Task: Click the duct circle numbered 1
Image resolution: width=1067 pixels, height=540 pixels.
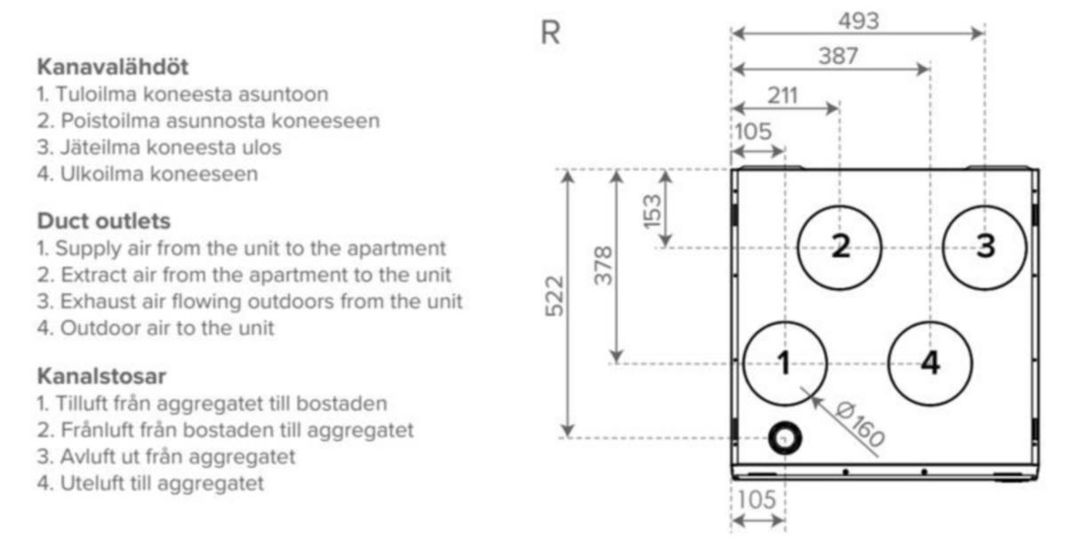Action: pyautogui.click(x=744, y=363)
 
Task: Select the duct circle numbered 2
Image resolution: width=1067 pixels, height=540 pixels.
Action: pyautogui.click(x=798, y=248)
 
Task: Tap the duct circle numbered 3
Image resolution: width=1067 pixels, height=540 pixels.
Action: pyautogui.click(x=943, y=248)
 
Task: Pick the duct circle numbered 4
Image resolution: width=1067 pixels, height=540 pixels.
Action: pyautogui.click(x=889, y=363)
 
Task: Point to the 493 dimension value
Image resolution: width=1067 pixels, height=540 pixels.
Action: pyautogui.click(x=858, y=21)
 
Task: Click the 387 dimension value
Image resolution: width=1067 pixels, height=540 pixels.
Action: pyautogui.click(x=838, y=56)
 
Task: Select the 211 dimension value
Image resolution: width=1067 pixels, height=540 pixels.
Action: pyautogui.click(x=783, y=96)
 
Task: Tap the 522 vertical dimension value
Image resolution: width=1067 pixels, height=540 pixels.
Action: pyautogui.click(x=555, y=296)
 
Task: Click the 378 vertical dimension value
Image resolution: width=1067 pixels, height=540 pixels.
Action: pyautogui.click(x=604, y=265)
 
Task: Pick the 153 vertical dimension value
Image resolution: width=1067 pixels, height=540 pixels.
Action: pyautogui.click(x=653, y=211)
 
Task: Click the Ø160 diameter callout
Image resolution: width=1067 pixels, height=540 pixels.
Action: pyautogui.click(x=861, y=425)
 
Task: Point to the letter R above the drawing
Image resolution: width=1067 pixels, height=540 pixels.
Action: pyautogui.click(x=550, y=33)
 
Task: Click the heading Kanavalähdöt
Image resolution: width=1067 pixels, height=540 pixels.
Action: pyautogui.click(x=113, y=67)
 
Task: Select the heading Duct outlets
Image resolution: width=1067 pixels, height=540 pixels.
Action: pyautogui.click(x=104, y=221)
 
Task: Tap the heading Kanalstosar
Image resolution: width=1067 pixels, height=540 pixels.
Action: pyautogui.click(x=101, y=376)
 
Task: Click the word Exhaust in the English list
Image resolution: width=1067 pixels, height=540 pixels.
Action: pyautogui.click(x=98, y=301)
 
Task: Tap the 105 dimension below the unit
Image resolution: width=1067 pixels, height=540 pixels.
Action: pyautogui.click(x=757, y=500)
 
